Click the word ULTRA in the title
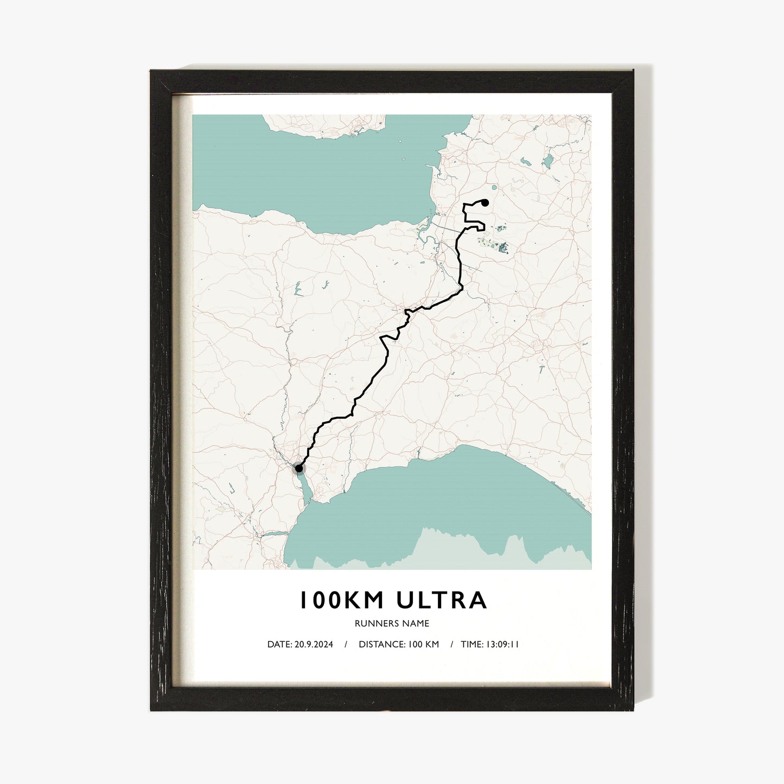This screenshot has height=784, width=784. [442, 600]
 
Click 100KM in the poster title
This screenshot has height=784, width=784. [341, 600]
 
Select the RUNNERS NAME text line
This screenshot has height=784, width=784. [392, 623]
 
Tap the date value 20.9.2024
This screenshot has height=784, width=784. [314, 645]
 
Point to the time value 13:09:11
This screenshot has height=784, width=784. [502, 645]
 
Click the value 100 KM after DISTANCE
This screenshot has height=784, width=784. [424, 645]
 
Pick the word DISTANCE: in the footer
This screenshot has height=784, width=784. [381, 645]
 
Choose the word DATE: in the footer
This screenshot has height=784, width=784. [279, 645]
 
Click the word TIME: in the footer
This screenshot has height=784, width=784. [471, 645]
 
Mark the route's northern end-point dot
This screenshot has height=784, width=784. [485, 203]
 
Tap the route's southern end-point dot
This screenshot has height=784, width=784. [298, 468]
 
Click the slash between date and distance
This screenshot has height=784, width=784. [346, 645]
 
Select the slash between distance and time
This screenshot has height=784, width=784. [451, 645]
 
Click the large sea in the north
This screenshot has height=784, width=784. [326, 174]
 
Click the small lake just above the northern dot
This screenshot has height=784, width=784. [493, 188]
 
